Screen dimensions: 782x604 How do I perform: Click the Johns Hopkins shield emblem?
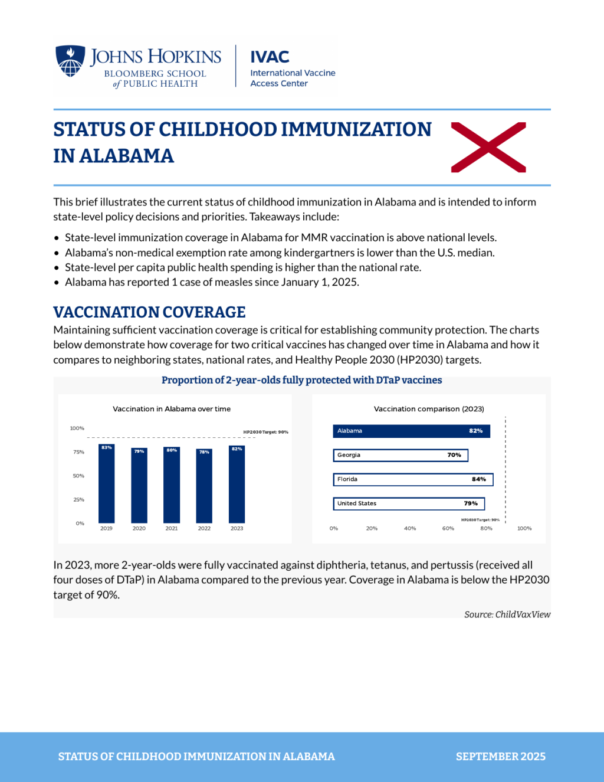point(70,61)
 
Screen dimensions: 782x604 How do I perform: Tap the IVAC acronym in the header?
point(270,57)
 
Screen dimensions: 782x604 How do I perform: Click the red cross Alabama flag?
point(488,147)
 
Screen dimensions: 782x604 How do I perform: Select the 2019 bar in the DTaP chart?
point(106,483)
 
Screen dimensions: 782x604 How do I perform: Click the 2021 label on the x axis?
point(172,528)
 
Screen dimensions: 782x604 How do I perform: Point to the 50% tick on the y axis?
point(78,476)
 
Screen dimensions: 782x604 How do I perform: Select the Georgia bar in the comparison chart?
point(401,455)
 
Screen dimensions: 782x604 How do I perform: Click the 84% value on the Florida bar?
point(479,479)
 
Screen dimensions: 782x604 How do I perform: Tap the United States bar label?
point(357,503)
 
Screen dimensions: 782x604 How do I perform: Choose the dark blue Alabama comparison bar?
point(411,431)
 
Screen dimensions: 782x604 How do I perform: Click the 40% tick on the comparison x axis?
point(410,528)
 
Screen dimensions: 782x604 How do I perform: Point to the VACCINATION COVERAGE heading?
point(149,312)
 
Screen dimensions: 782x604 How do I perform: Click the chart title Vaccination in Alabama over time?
point(172,409)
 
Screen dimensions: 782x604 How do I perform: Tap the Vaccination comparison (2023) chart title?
point(429,409)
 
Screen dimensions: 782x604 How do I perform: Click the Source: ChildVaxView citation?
point(507,614)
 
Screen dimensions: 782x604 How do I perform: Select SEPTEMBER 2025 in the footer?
point(501,757)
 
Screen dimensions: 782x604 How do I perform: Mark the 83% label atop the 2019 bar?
point(106,447)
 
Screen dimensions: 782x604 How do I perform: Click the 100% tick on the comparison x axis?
point(524,528)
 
